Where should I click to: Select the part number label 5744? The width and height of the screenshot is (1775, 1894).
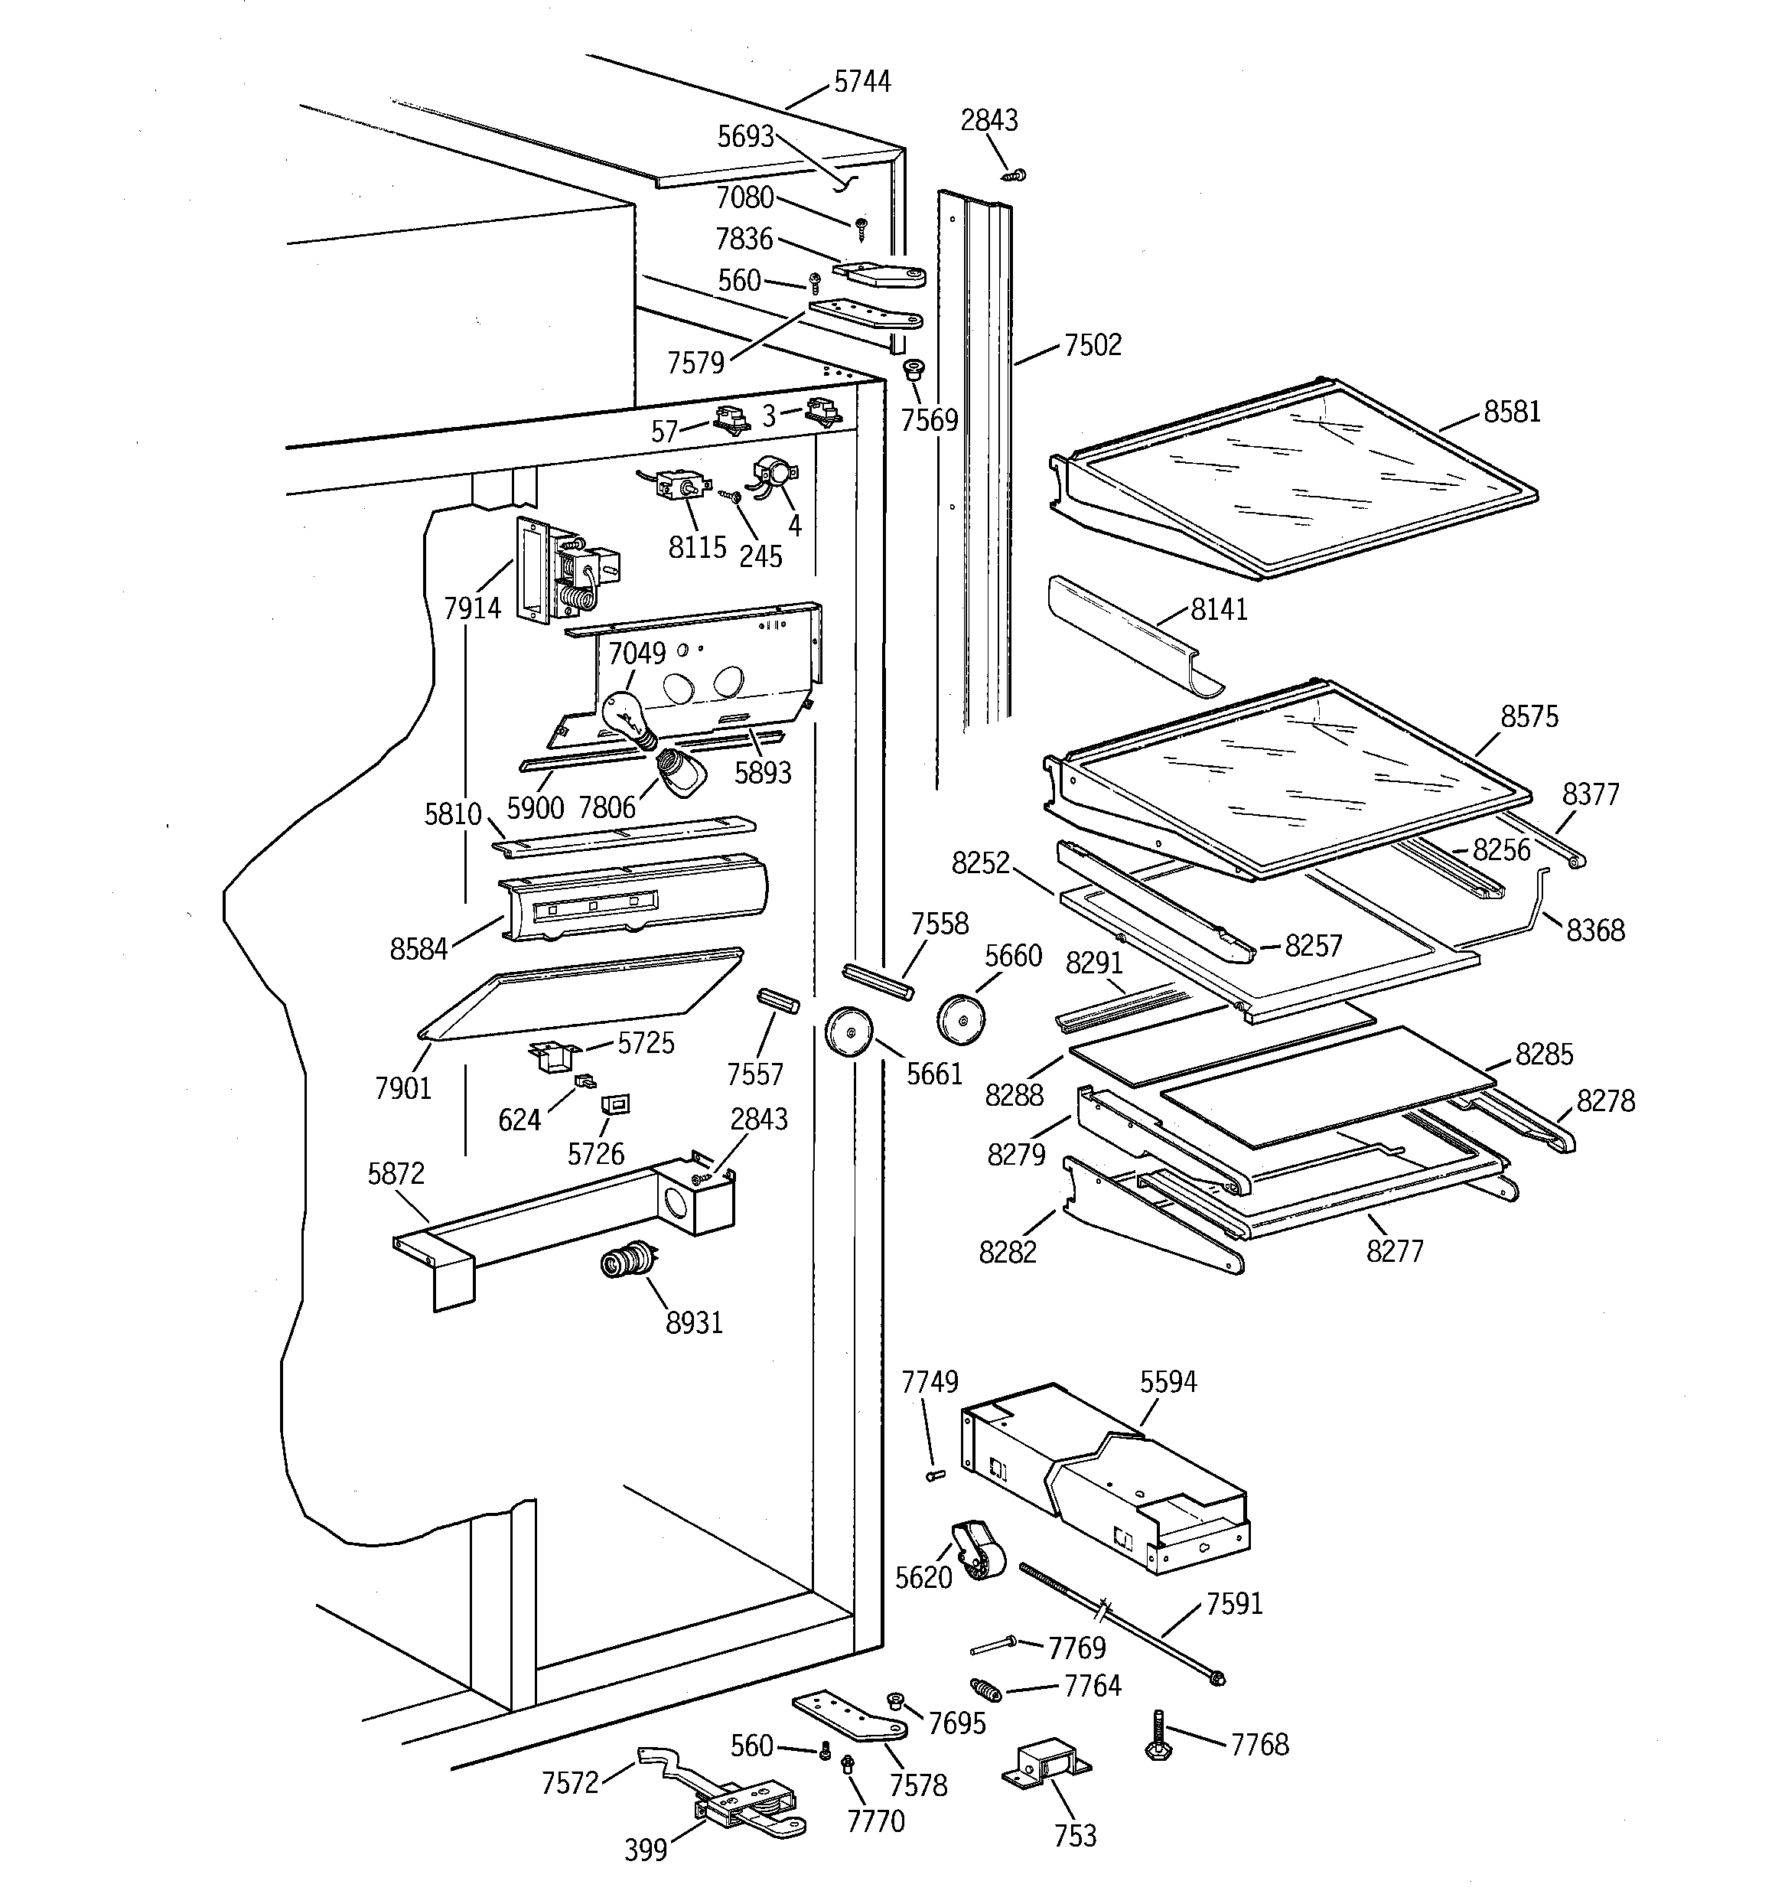tap(862, 83)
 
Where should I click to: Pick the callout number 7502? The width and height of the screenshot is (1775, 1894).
tap(1093, 345)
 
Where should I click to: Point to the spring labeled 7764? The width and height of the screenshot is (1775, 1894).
tap(983, 1691)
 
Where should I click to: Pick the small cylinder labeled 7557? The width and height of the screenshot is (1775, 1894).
tap(777, 1002)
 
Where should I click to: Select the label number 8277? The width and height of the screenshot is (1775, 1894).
tap(1394, 1251)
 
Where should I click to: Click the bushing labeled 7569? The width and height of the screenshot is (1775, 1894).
tap(914, 370)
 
